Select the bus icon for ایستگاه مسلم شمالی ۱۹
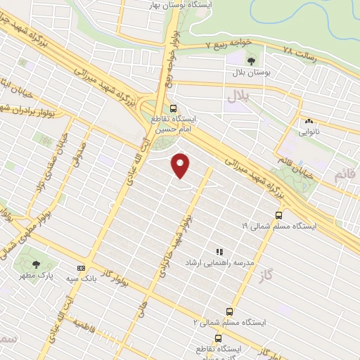tap(279, 216)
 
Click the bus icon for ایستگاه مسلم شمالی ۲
tap(229, 311)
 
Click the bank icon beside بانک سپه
tap(81, 268)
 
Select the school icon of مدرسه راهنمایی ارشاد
tap(219, 251)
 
